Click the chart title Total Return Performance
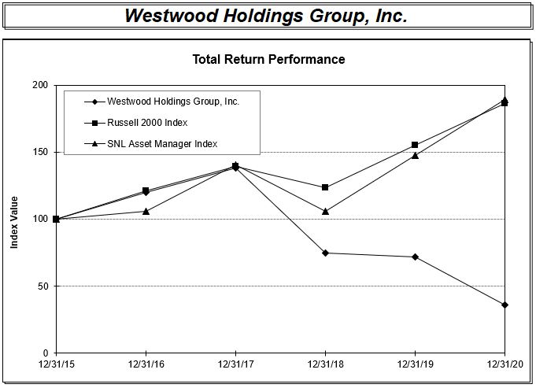[268, 59]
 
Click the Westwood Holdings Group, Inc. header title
[268, 16]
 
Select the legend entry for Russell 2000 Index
[147, 123]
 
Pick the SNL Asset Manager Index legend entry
[161, 143]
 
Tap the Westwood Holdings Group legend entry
[172, 102]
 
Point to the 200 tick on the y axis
[39, 85]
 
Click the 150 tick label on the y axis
[39, 152]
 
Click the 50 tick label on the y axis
[42, 286]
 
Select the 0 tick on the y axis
[45, 353]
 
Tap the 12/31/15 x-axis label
[56, 364]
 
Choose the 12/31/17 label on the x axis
[235, 364]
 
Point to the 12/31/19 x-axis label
[415, 364]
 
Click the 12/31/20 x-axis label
[504, 364]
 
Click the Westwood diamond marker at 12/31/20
[505, 305]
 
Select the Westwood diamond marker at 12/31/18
[325, 253]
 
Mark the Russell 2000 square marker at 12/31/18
[325, 187]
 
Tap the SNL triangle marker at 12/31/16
[146, 211]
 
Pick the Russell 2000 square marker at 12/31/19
[415, 145]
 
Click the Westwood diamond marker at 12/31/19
[415, 257]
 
